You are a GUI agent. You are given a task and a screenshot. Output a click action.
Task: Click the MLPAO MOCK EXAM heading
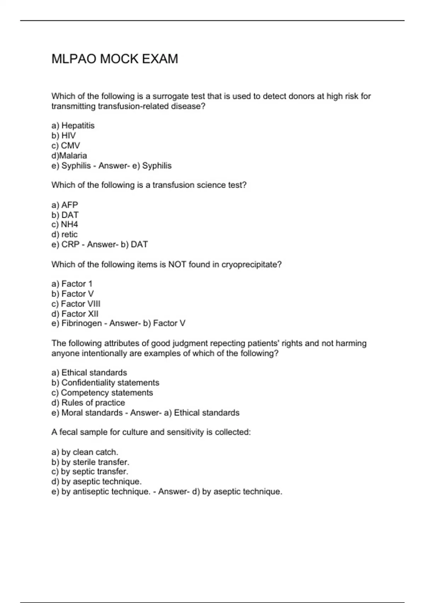(x=114, y=59)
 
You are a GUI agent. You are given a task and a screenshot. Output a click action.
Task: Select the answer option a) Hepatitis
(x=73, y=126)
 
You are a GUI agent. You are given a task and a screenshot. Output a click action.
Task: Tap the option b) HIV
(x=64, y=135)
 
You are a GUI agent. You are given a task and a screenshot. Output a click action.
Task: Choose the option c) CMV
(x=66, y=145)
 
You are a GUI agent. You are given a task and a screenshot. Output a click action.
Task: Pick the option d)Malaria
(x=69, y=155)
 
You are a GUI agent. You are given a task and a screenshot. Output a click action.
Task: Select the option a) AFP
(x=65, y=205)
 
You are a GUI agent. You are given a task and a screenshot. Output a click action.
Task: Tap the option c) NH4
(x=65, y=224)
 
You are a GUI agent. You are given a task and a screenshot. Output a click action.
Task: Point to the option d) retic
(x=64, y=234)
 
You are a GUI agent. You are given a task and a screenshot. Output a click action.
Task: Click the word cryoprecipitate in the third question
(x=251, y=264)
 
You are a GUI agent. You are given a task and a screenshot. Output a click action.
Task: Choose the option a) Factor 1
(x=72, y=284)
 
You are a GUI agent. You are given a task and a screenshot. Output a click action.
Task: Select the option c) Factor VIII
(x=76, y=304)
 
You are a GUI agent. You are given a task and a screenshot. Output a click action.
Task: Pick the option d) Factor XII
(x=75, y=314)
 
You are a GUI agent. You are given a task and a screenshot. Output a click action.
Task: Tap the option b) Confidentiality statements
(x=105, y=382)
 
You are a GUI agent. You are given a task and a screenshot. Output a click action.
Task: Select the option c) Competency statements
(x=102, y=392)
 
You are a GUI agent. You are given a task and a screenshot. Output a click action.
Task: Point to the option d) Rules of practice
(x=88, y=403)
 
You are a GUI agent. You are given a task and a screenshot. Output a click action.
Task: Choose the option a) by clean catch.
(x=85, y=452)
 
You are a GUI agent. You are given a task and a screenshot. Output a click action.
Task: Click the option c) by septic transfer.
(x=90, y=471)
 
